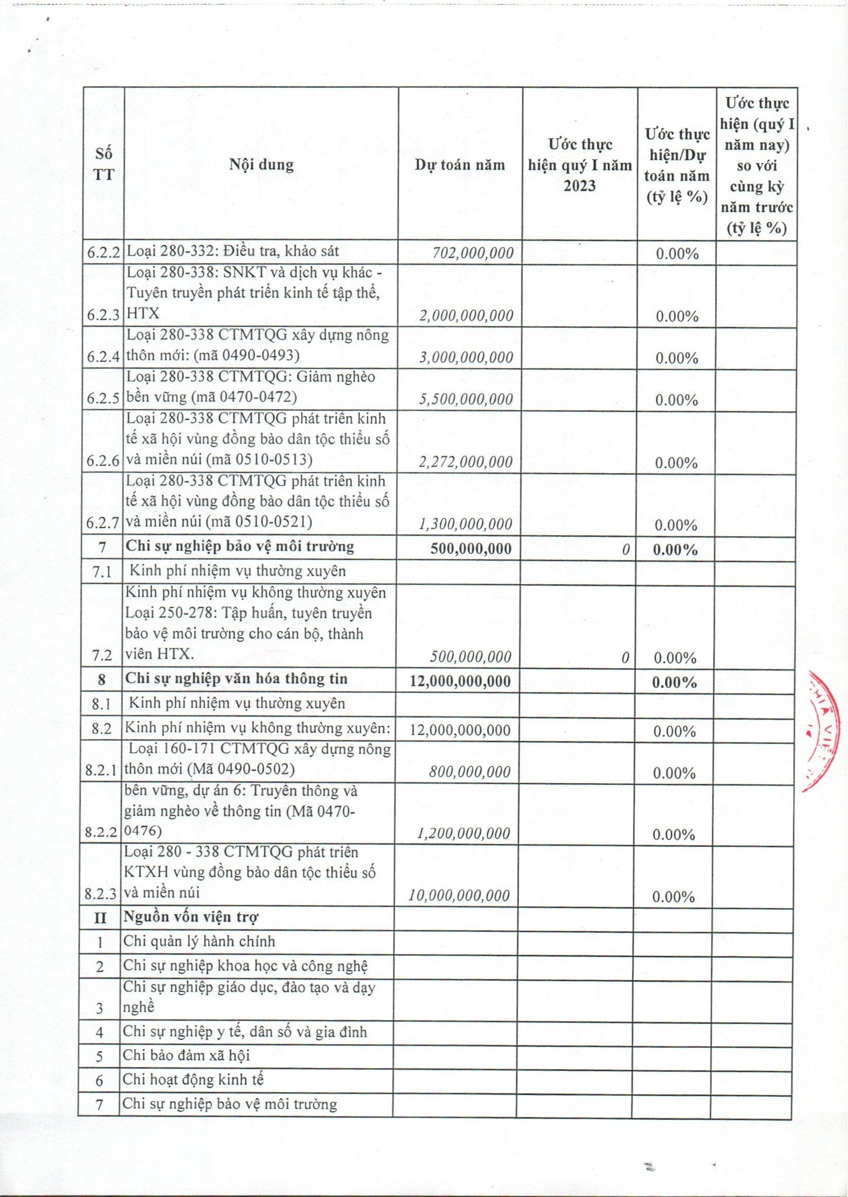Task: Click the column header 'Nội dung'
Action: coord(261,165)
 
